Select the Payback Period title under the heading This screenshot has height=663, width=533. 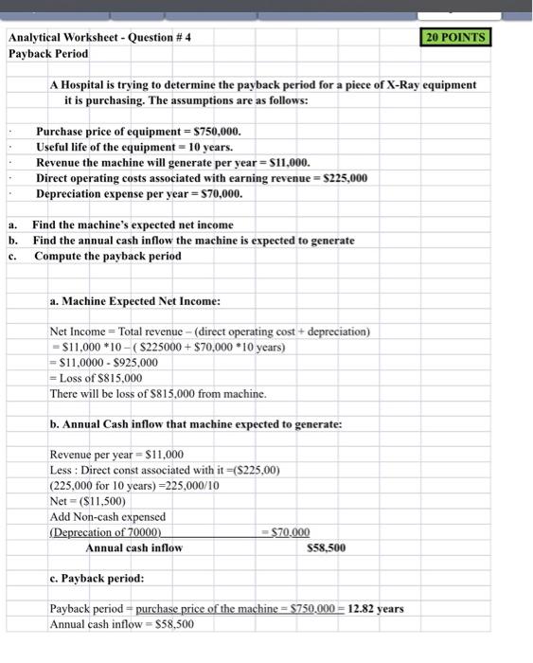48,54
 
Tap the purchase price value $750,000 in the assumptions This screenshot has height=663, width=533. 217,132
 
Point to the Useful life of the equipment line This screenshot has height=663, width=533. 133,147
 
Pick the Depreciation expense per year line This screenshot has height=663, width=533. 139,193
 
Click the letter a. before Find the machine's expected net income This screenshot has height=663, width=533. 12,224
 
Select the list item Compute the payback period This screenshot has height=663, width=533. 106,256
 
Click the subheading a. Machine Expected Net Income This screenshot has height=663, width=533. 134,301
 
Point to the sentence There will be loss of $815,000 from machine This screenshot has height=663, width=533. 158,393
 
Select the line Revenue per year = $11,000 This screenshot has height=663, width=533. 116,455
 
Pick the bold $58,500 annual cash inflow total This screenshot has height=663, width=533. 327,547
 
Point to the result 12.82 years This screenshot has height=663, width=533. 377,609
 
